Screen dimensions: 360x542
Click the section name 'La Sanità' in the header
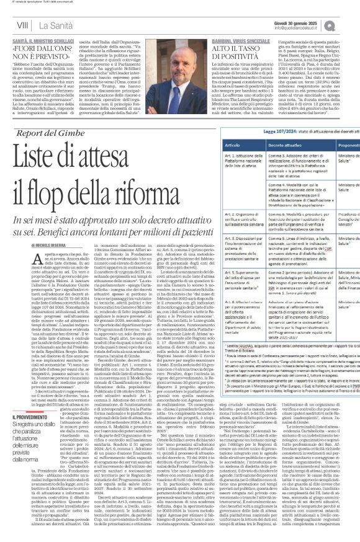pyautogui.click(x=51, y=25)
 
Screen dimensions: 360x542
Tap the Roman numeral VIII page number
pyautogui.click(x=22, y=25)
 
